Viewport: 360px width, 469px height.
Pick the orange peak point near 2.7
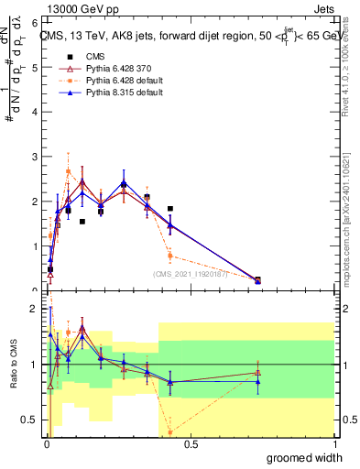tap(69, 171)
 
